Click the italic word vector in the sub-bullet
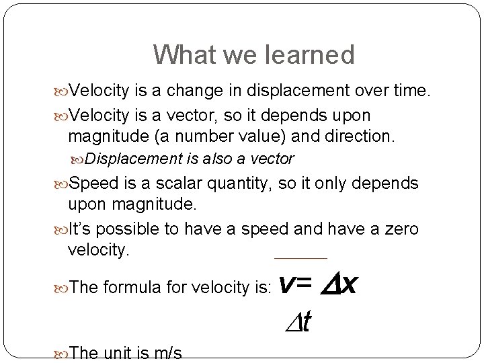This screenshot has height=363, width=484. [270, 159]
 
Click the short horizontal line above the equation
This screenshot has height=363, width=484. [300, 258]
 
